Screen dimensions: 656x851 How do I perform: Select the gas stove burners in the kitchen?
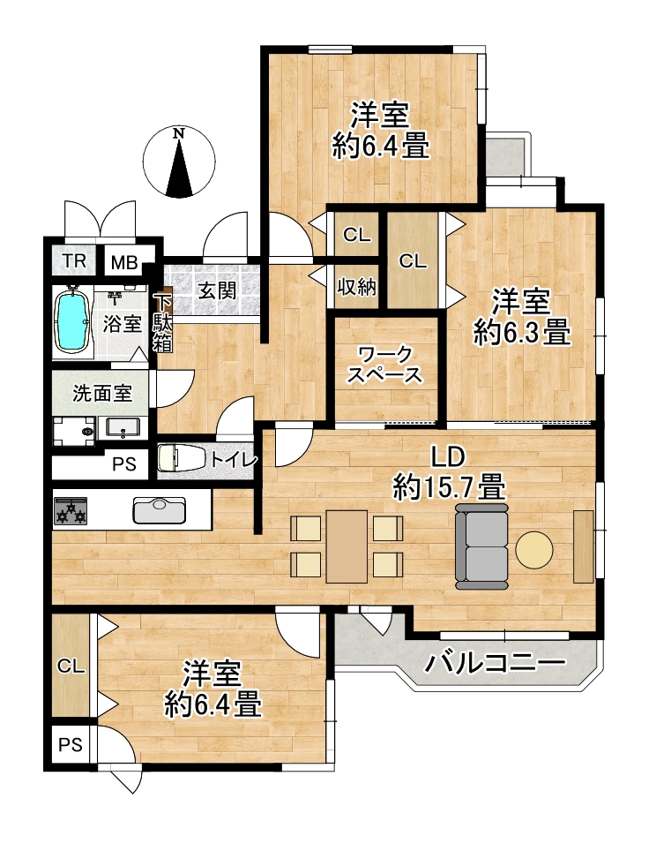pos(71,511)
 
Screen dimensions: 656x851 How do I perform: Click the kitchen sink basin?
pos(159,510)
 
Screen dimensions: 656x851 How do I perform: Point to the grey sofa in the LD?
pos(482,546)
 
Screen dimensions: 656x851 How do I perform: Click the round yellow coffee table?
pos(534,548)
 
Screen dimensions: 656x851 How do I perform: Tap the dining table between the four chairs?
pos(347,546)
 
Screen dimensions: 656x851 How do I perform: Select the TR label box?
pos(74,261)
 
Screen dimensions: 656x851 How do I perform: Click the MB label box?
pos(124,263)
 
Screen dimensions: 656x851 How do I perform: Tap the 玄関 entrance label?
pos(217,290)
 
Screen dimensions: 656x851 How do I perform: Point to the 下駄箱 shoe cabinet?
pos(162,323)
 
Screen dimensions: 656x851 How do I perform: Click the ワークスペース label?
pos(384,365)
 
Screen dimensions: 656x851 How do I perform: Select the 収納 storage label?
pos(356,287)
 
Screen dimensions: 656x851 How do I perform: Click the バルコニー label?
pos(495,663)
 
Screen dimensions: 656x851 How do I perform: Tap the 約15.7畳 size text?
pos(449,486)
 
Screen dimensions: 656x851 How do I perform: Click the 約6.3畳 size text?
pos(522,332)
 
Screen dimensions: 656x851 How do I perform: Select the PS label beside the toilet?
pos(124,464)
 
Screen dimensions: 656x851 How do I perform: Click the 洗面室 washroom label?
pos(102,393)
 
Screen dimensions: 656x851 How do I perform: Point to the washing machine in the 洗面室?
pos(74,432)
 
